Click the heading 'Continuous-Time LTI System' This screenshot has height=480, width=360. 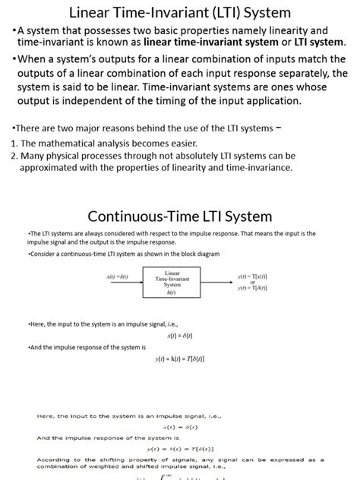pos(179,216)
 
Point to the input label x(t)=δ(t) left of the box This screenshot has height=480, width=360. pos(118,277)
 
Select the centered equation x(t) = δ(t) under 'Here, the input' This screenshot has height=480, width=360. pos(179,335)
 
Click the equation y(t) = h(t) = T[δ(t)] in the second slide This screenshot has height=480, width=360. pos(179,358)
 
